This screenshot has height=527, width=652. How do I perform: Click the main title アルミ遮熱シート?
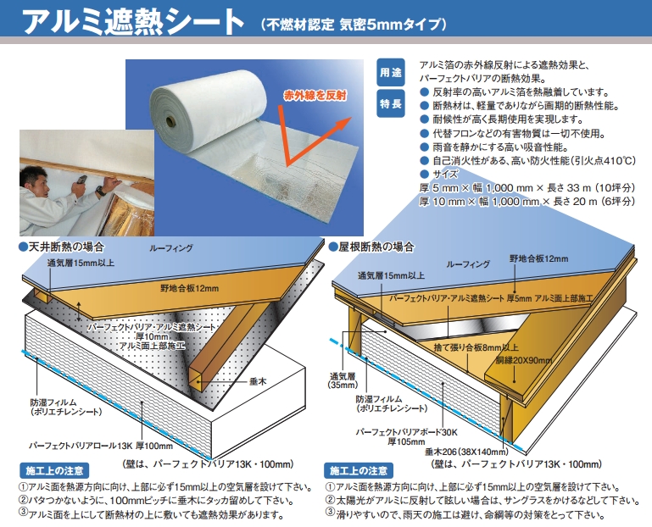133,22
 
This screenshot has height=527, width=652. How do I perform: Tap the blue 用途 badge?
391,72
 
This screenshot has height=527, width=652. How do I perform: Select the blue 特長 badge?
391,103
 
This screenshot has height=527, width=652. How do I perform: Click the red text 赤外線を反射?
315,96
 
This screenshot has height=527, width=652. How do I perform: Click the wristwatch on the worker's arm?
100,191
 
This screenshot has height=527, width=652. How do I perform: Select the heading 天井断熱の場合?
62,247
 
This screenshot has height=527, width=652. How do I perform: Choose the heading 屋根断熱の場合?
371,247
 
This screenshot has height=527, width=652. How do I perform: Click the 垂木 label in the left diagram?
258,381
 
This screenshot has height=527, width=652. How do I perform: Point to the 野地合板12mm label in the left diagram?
190,288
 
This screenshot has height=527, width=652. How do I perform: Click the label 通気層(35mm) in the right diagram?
343,380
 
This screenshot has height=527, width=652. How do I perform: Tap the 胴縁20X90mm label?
524,360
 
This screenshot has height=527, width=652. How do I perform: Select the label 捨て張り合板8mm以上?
476,347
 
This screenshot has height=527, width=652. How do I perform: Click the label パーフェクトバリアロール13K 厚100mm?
101,446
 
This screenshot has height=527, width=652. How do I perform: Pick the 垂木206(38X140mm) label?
466,452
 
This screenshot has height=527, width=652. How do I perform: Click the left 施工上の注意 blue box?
54,470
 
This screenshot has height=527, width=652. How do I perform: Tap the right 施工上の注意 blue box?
359,470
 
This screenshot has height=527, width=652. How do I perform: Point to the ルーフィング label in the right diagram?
468,264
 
